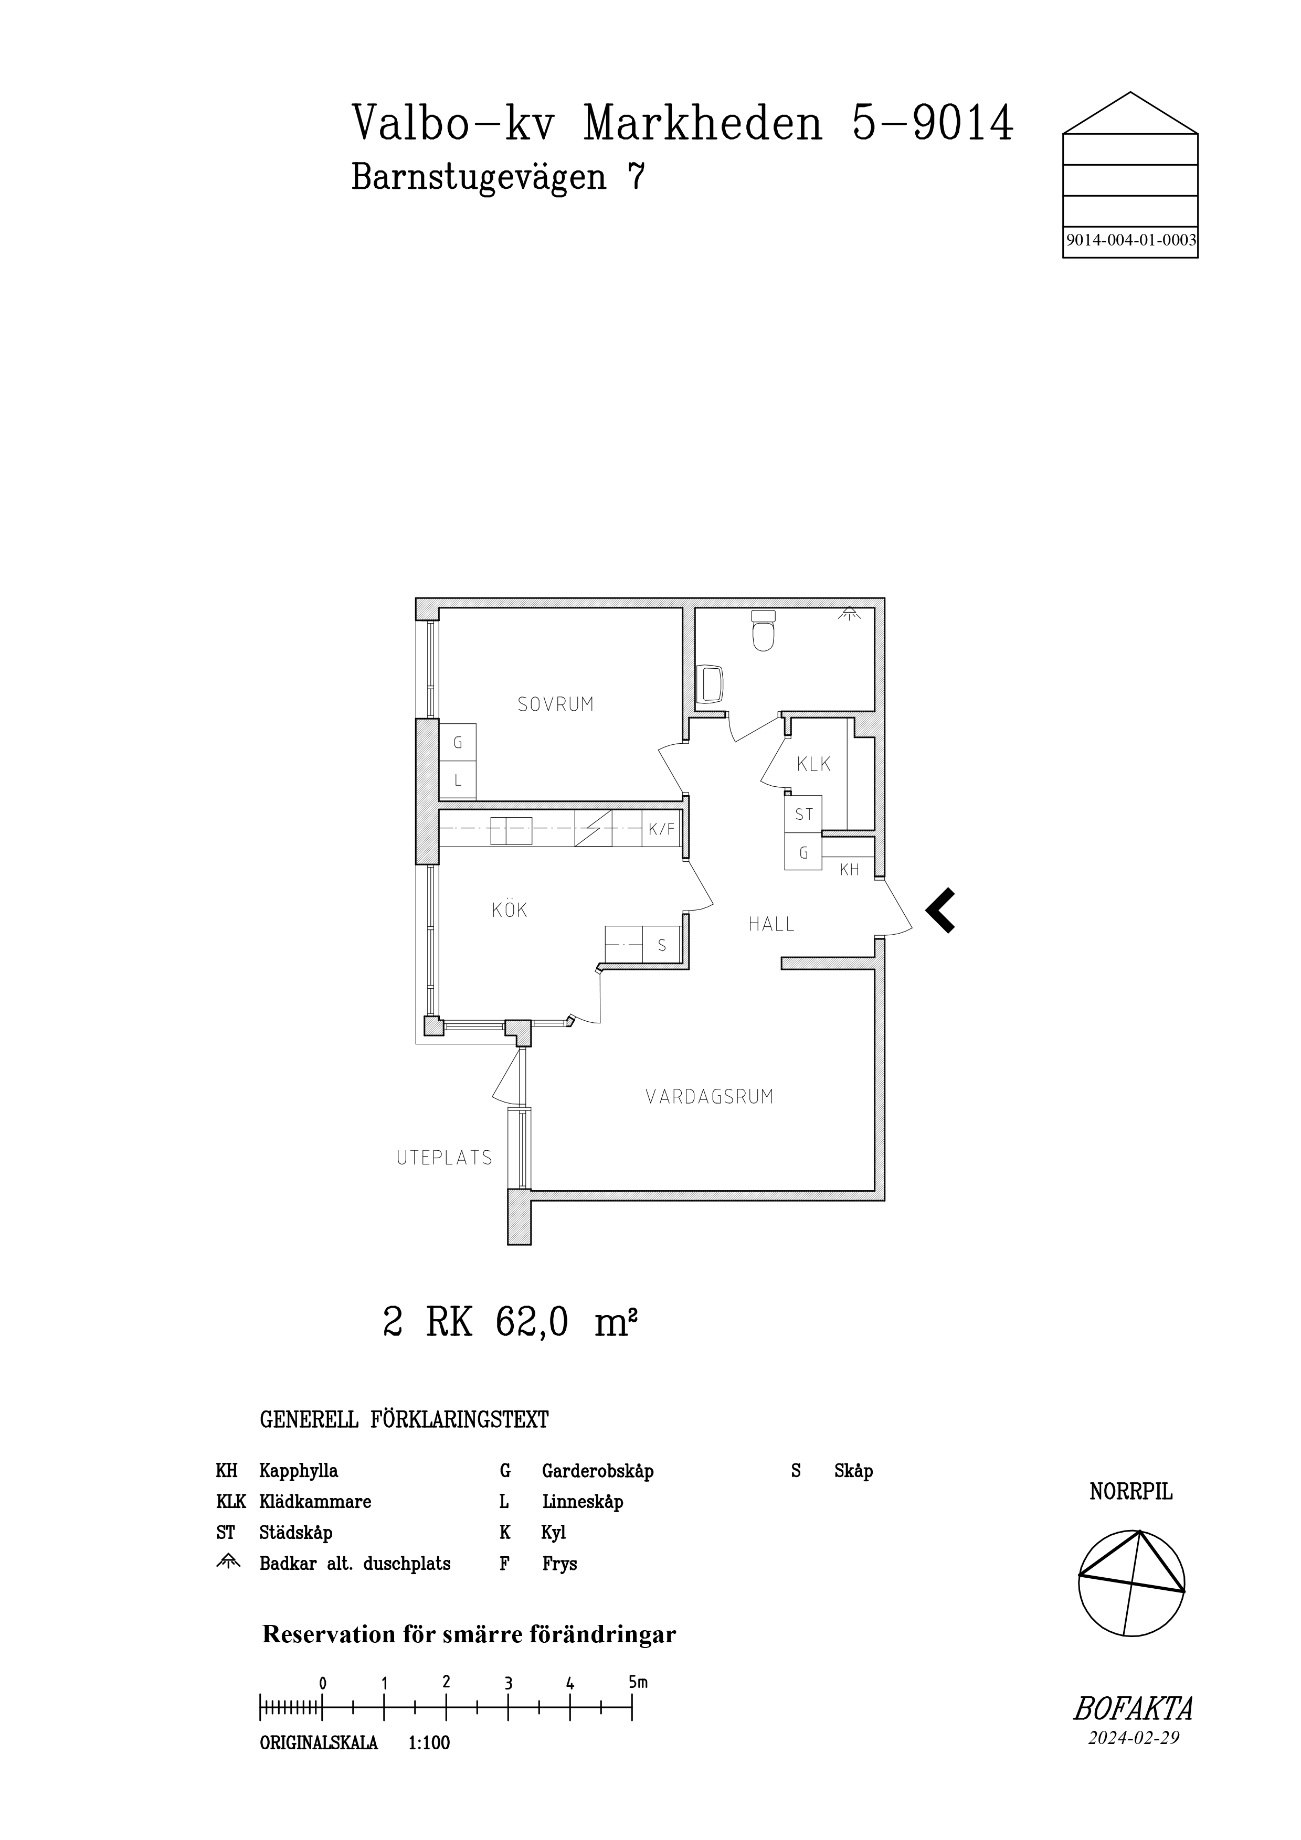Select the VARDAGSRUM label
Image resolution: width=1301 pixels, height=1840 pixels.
click(710, 1096)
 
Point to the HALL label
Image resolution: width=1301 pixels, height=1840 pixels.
click(771, 924)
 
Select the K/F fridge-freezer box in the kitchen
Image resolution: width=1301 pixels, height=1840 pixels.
click(662, 829)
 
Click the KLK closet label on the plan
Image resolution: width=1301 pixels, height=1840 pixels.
click(813, 765)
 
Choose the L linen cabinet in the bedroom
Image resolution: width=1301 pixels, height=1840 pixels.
click(458, 780)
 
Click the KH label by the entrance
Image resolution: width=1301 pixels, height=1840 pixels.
click(850, 870)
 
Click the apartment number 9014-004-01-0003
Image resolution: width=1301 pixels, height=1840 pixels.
click(1131, 240)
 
